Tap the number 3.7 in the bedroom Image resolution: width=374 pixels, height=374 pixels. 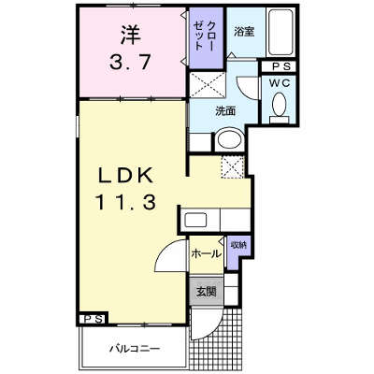tap(130, 62)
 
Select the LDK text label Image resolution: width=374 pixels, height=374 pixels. tap(125, 176)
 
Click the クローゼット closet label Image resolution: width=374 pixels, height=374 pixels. tap(204, 36)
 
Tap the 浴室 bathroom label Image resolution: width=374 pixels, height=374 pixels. tap(244, 32)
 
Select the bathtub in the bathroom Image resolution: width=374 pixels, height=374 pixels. tap(280, 33)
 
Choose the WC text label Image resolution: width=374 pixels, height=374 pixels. tap(280, 83)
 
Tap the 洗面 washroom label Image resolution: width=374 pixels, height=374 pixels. tap(225, 111)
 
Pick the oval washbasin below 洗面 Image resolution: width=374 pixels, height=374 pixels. tap(230, 139)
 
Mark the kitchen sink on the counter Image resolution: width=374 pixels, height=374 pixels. tap(195, 221)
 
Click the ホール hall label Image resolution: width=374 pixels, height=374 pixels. tap(206, 254)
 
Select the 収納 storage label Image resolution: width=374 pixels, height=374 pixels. tap(238, 245)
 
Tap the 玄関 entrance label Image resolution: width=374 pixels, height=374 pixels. tap(206, 292)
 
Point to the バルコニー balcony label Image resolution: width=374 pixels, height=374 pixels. tap(135, 348)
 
